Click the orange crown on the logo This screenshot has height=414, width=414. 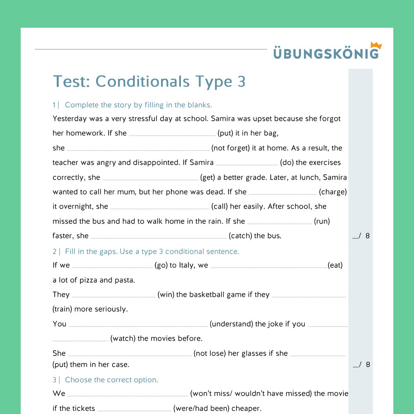376,46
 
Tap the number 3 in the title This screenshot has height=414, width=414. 241,82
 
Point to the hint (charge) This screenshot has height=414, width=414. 333,192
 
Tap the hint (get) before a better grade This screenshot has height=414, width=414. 207,177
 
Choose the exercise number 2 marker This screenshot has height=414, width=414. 55,251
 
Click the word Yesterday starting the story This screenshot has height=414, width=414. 70,118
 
